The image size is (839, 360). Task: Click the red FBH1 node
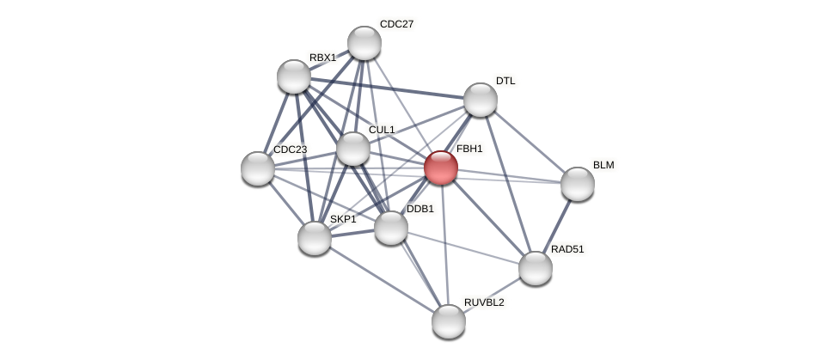coord(441,168)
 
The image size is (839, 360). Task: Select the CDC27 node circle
coord(364,43)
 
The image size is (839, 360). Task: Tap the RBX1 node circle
coord(294,76)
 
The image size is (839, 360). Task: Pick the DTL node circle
coord(481,100)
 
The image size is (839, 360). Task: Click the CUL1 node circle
coord(353,149)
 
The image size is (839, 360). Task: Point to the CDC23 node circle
coord(258,168)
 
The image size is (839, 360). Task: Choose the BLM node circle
coord(578,184)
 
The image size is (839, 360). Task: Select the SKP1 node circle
coord(315,238)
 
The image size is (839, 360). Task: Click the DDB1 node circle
coord(391,228)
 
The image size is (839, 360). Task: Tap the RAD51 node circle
coord(536,268)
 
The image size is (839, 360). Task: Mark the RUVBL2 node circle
coord(449,321)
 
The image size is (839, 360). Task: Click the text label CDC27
coord(396,24)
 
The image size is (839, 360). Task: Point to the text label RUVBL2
coord(484,302)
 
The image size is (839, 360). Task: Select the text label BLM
coord(603,165)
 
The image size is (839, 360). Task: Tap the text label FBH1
coord(469,149)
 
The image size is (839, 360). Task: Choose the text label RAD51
coord(567,249)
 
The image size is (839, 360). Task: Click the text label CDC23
coord(290,149)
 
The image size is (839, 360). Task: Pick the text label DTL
coord(505,81)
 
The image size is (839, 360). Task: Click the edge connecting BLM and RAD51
coord(557,225)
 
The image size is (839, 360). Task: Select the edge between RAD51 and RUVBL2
coord(493,295)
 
